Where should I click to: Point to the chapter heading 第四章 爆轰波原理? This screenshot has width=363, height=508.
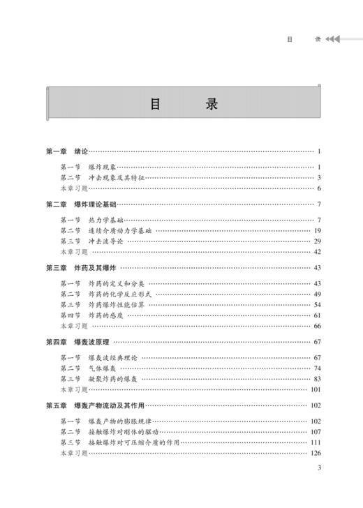(78, 342)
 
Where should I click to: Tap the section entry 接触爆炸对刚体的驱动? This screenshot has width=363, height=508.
(124, 432)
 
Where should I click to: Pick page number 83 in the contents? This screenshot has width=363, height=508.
(317, 379)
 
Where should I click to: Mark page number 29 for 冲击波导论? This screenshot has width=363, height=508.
(317, 241)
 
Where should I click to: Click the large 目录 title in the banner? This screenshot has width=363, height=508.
(184, 104)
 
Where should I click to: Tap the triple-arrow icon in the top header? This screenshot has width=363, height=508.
(333, 39)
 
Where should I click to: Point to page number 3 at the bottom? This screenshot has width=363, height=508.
(318, 488)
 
